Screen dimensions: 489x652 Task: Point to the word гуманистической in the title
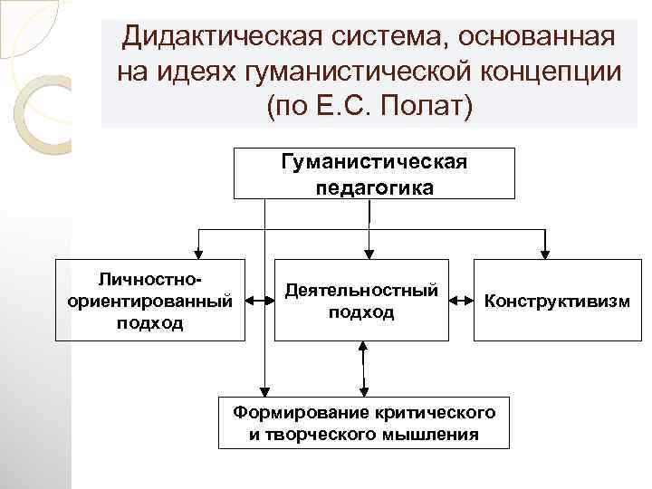tap(351, 72)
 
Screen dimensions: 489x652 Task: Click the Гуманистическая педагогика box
tap(374, 174)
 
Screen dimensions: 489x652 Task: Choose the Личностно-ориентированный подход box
tap(150, 299)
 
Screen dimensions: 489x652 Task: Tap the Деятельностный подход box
tap(361, 300)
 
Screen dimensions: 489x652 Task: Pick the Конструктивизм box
tap(556, 300)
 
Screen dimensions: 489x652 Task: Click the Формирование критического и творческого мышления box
tap(364, 423)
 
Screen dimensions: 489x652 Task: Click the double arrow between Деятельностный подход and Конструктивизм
tap(461, 300)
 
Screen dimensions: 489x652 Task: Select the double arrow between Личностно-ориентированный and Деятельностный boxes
tap(260, 300)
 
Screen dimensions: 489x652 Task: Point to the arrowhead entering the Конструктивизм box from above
tap(543, 254)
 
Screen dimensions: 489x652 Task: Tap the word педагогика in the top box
tap(374, 187)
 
